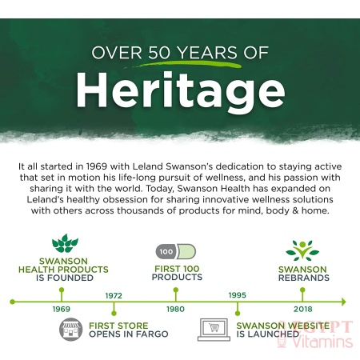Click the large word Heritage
coord(181,90)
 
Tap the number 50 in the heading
coord(159,53)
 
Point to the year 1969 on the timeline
coord(62,309)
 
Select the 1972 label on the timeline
coord(114,295)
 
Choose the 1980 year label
coord(175,309)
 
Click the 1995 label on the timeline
coord(238,295)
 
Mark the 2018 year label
coord(302,309)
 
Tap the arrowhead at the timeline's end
coord(343,302)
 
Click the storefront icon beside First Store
coord(70,330)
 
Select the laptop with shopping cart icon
coord(214,330)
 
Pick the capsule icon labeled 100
coord(176,251)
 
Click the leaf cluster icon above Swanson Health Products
coord(65,243)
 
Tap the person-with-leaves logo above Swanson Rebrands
coord(302,250)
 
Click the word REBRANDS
coord(304,278)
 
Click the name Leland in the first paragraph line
coord(148,166)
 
